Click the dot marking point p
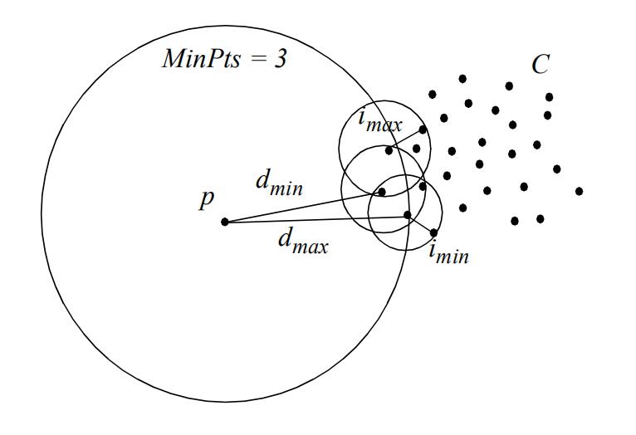coord(224,222)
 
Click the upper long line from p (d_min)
coord(303,207)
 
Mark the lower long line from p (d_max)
coord(316,218)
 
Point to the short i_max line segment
coord(406,139)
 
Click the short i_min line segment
coord(421,224)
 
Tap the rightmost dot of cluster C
coord(579,191)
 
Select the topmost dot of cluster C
coord(462,79)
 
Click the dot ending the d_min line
coord(382,192)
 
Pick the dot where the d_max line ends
coord(407,215)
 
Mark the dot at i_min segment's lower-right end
coord(434,232)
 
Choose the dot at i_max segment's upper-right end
coord(423,130)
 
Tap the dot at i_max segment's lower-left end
coord(389,150)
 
